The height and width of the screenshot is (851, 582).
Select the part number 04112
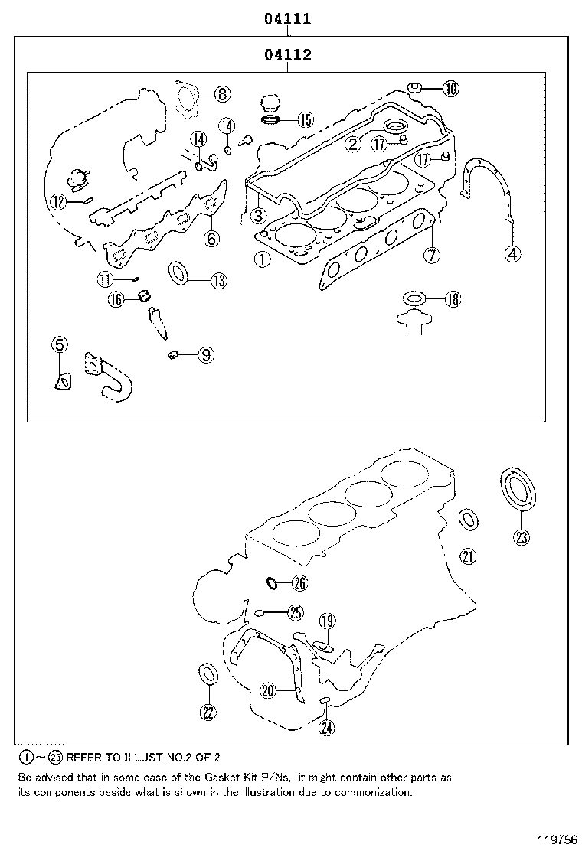288,55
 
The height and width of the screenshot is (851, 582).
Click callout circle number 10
450,89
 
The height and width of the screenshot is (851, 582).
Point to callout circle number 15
305,119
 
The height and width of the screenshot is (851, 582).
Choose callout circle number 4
512,253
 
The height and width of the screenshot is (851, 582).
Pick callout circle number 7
432,255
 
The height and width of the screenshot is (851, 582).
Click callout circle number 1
263,260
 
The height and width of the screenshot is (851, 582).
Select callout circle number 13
218,281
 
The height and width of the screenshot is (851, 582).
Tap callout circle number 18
453,299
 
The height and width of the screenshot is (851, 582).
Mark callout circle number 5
60,345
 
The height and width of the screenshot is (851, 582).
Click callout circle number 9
205,354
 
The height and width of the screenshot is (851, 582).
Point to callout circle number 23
521,537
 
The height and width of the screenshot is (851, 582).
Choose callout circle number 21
468,556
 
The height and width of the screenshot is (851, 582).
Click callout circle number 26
299,584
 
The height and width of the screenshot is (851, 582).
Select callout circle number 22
208,712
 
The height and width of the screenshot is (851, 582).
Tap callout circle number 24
326,727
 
